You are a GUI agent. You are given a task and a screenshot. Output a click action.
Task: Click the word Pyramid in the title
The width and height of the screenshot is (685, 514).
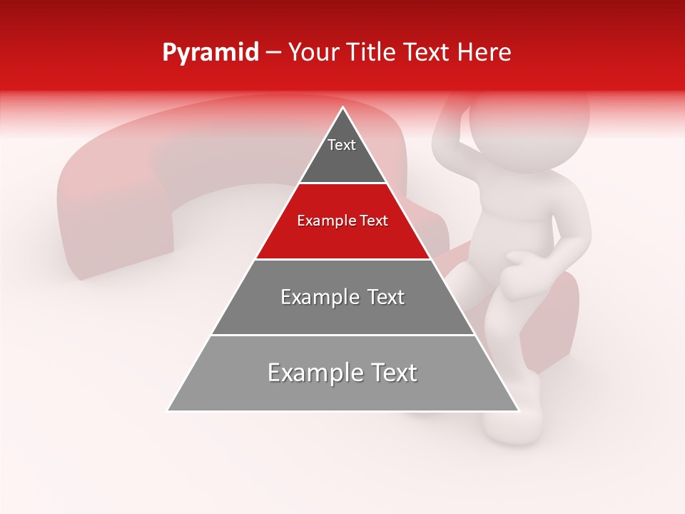pyautogui.click(x=210, y=53)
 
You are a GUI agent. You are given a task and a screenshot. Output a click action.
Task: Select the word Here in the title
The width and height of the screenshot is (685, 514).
pyautogui.click(x=485, y=53)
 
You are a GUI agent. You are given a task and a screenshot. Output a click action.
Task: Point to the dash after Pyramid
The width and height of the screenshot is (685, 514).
pyautogui.click(x=273, y=53)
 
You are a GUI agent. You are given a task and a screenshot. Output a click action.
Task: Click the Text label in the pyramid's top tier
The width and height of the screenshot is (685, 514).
pyautogui.click(x=342, y=146)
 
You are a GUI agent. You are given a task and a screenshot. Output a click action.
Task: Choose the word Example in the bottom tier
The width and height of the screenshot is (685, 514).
pyautogui.click(x=311, y=373)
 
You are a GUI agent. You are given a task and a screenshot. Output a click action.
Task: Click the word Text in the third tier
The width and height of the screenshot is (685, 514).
pyautogui.click(x=382, y=297)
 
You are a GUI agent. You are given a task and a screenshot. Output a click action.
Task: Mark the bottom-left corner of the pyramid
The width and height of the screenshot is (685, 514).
pyautogui.click(x=169, y=410)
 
